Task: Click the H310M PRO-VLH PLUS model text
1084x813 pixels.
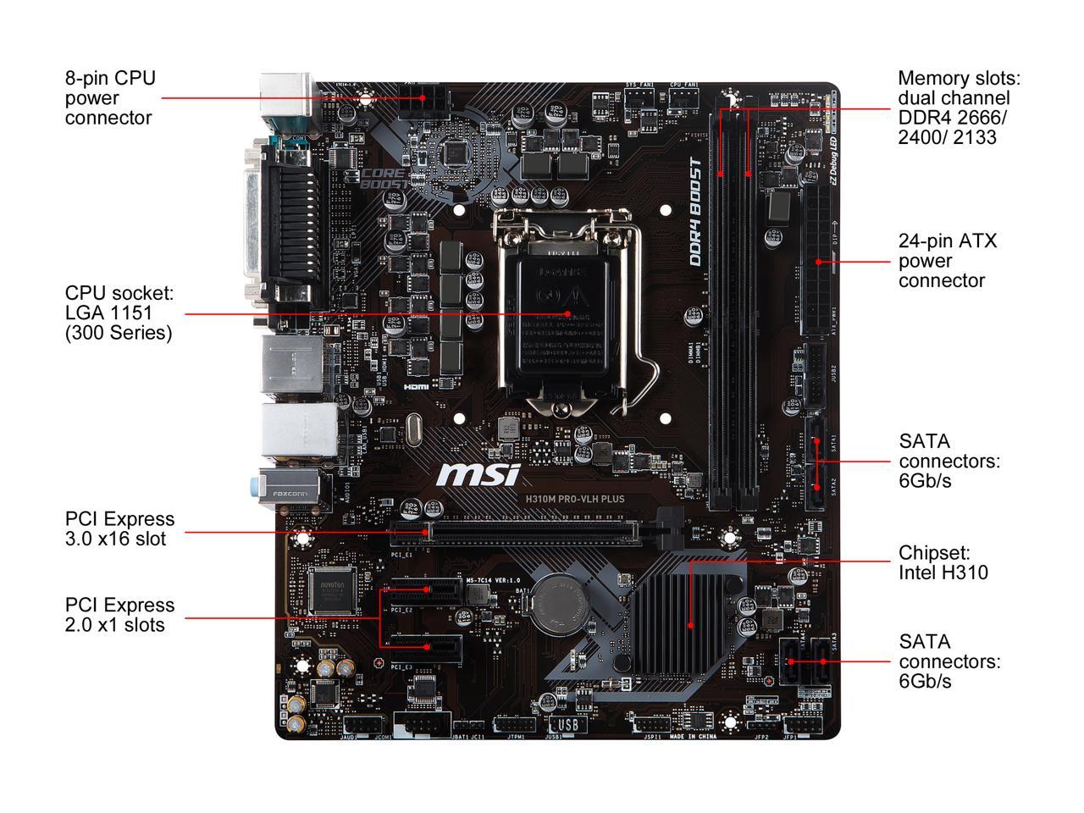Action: pos(572,499)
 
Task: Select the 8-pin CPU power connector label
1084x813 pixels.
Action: pos(110,98)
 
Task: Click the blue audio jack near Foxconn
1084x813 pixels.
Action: pos(257,486)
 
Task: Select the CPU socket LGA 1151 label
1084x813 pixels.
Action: pos(119,313)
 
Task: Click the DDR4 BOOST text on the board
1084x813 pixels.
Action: pos(696,213)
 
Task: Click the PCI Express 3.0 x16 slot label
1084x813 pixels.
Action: pos(119,529)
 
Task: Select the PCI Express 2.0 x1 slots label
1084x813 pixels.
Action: pos(119,615)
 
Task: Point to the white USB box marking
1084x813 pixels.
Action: pos(567,725)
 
